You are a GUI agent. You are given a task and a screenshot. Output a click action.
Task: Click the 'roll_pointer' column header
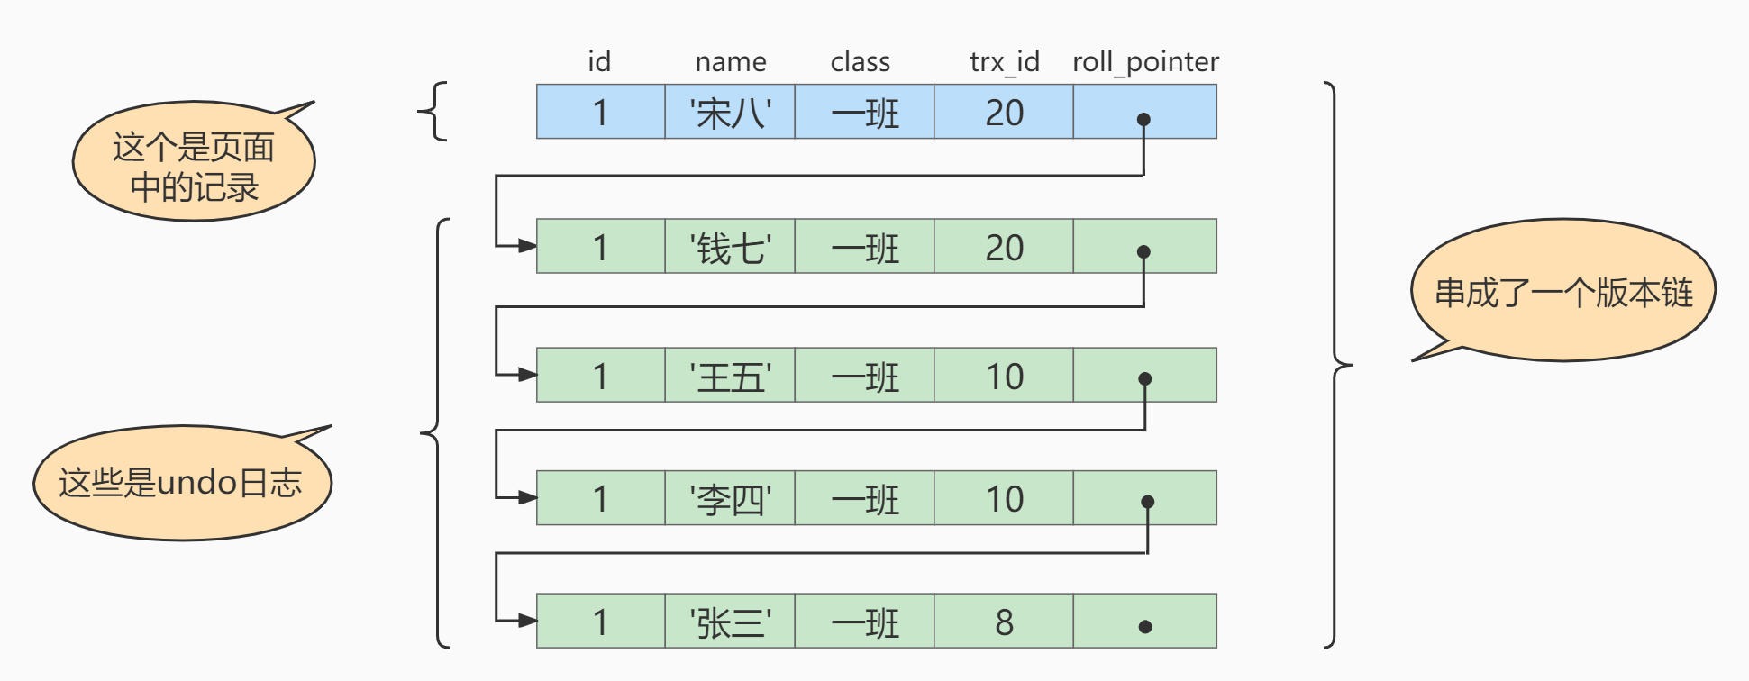[1144, 61]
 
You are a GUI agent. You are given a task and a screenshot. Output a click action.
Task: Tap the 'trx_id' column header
[1004, 61]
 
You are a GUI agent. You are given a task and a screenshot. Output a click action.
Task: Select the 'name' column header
[730, 61]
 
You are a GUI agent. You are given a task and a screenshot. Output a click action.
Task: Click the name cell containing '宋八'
[730, 113]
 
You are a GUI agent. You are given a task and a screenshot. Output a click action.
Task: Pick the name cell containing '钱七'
[730, 247]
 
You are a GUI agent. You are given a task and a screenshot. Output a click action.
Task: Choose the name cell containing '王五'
[730, 376]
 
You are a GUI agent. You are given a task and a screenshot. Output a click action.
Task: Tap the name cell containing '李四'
[730, 498]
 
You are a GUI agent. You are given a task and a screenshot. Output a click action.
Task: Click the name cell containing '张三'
[730, 622]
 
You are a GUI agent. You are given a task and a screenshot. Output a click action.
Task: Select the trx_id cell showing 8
[1004, 622]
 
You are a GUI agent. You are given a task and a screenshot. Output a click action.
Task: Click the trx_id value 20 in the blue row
[1004, 113]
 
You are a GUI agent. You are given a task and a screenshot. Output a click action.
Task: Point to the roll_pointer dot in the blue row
[1143, 119]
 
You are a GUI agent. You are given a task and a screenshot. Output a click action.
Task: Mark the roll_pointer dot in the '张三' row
[1144, 627]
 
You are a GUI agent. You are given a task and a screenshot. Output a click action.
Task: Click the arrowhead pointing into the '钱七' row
[527, 246]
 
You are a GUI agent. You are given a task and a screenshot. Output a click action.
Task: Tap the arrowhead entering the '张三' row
[527, 620]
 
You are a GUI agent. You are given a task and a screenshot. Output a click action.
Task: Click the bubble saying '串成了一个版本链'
[1562, 292]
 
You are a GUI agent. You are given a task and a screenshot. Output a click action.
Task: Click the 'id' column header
[599, 61]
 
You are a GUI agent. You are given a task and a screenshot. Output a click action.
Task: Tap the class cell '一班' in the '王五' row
[864, 376]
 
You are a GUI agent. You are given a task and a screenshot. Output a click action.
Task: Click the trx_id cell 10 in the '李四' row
[1004, 498]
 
